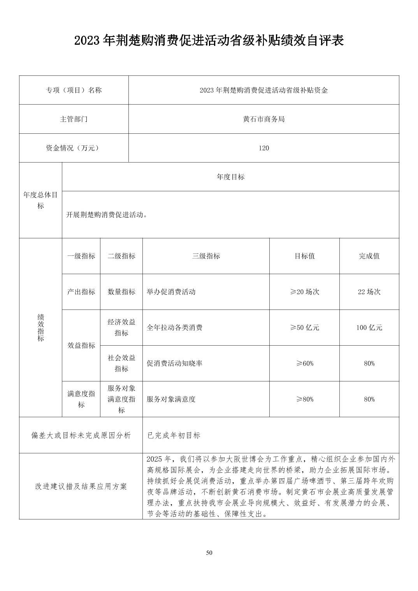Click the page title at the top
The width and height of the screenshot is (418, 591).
[209, 40]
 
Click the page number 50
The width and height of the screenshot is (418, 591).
[209, 553]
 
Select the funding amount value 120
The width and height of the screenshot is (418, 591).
[263, 148]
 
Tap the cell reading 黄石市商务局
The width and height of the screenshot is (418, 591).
[263, 119]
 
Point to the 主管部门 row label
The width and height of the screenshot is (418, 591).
[74, 119]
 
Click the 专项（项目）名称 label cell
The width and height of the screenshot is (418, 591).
[74, 90]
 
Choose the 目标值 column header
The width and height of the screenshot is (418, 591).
[304, 256]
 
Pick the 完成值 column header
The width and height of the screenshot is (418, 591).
[369, 256]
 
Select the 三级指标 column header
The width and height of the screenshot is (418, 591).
[206, 256]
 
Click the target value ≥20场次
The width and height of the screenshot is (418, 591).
[304, 292]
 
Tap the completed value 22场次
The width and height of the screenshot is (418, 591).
[369, 292]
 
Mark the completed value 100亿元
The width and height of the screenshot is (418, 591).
[369, 328]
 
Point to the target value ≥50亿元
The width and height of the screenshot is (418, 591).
[304, 328]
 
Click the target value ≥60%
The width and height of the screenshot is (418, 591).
[304, 364]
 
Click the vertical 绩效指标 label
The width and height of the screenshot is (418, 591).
[40, 327]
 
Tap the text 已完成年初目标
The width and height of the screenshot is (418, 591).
[174, 435]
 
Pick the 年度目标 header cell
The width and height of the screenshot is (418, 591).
[230, 177]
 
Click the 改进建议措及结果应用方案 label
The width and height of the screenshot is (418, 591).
[81, 486]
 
